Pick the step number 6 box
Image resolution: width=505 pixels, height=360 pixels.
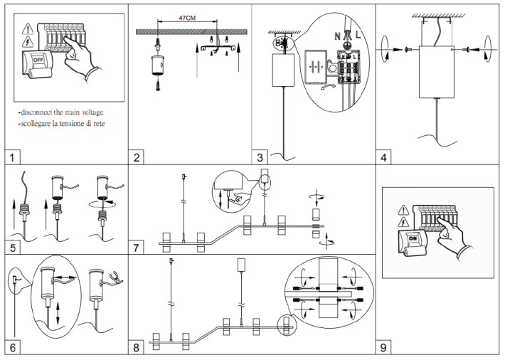tap(11, 347)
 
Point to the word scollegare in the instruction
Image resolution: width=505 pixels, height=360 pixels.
tap(45, 124)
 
